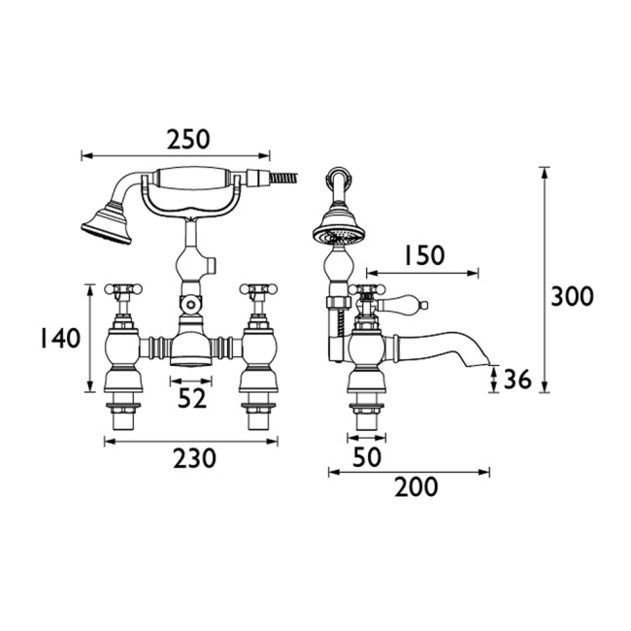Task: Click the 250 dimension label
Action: click(x=188, y=139)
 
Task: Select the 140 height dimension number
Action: click(x=60, y=338)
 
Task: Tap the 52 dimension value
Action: click(x=192, y=398)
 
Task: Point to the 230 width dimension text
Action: click(x=194, y=458)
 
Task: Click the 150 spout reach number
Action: click(x=424, y=255)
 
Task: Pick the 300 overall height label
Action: click(x=572, y=296)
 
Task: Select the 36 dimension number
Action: click(x=517, y=379)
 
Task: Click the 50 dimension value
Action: click(x=367, y=457)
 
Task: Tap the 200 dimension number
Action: click(x=415, y=487)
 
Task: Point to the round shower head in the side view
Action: click(x=339, y=231)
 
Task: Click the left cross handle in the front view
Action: click(x=123, y=289)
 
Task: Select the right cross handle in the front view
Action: click(x=258, y=289)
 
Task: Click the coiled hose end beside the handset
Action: click(x=284, y=177)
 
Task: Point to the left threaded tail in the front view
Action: click(x=123, y=415)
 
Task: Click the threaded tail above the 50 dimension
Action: click(x=366, y=415)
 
